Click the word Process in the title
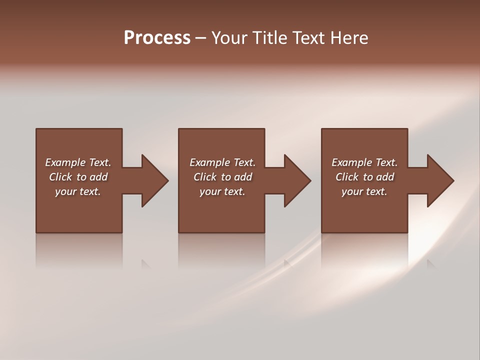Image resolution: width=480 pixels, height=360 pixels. [x=157, y=38]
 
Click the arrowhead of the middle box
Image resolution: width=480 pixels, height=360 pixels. [x=297, y=180]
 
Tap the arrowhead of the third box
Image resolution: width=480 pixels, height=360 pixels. [x=440, y=180]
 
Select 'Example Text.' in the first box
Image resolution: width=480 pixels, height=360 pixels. [x=78, y=162]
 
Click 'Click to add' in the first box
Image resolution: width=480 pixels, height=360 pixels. [x=78, y=177]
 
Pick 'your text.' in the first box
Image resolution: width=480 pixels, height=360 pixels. [x=78, y=191]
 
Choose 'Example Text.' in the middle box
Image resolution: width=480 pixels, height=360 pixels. [x=222, y=162]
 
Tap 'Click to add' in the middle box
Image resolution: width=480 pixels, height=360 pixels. [x=222, y=177]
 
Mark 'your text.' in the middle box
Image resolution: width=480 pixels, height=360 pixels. [x=222, y=191]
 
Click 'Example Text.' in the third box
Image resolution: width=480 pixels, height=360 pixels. [x=364, y=162]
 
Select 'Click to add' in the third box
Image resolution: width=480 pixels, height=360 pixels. [x=364, y=177]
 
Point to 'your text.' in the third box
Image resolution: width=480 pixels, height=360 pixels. [x=364, y=191]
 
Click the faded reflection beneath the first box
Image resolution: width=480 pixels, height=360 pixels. [x=79, y=250]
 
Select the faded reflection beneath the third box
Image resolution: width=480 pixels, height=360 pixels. [x=364, y=250]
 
